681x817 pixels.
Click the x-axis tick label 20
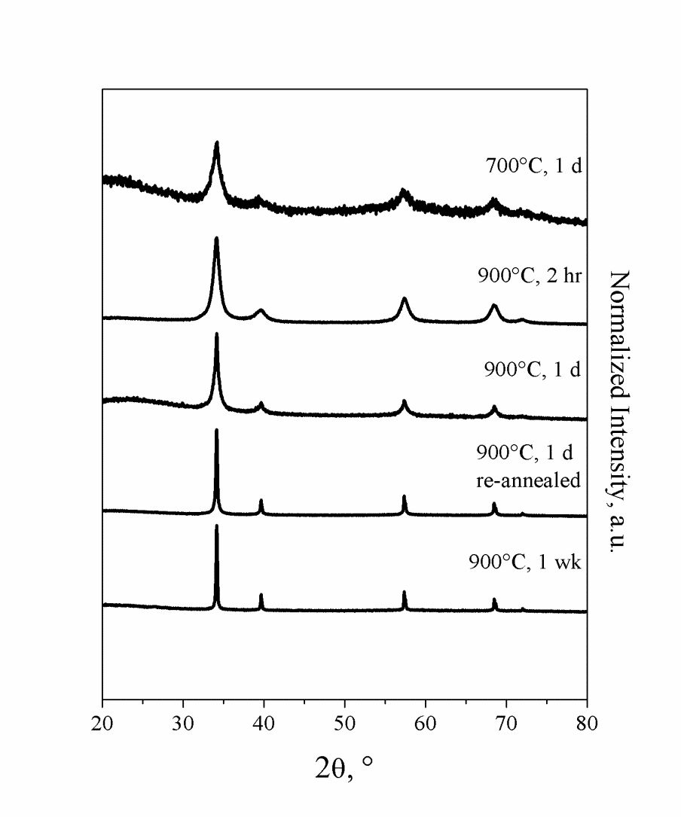click(x=102, y=724)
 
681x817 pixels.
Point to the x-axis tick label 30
click(x=183, y=724)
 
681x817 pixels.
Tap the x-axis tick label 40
click(x=264, y=724)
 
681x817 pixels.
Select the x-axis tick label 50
click(x=344, y=724)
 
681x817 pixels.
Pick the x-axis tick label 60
click(x=426, y=724)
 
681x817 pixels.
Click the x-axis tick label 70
click(x=506, y=724)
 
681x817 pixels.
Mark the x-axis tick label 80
click(x=587, y=724)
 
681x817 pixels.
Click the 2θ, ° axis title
click(x=344, y=768)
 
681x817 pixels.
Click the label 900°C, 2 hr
click(x=530, y=276)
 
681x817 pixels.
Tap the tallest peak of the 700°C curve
click(x=217, y=143)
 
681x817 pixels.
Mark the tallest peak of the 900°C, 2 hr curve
click(x=216, y=239)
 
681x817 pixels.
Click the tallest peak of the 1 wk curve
click(x=216, y=526)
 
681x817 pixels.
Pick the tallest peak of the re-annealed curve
click(x=216, y=431)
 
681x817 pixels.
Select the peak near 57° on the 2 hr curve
click(x=405, y=299)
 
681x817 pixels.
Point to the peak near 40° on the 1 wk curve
click(x=261, y=595)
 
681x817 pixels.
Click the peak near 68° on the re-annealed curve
click(x=494, y=504)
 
